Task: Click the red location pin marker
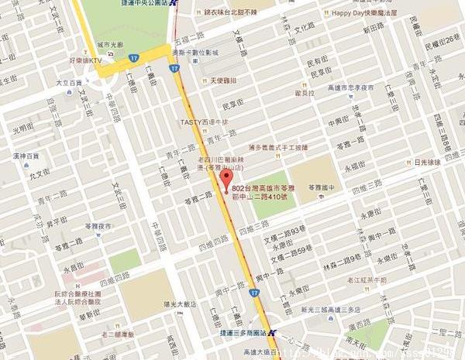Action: tap(226, 180)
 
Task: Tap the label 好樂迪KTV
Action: tap(84, 60)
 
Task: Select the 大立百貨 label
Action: tap(67, 81)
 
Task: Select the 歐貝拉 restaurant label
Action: tap(306, 93)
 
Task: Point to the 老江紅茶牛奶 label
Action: tap(367, 279)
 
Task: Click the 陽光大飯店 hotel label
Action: tap(171, 303)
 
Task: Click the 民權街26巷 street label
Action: tap(442, 40)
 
